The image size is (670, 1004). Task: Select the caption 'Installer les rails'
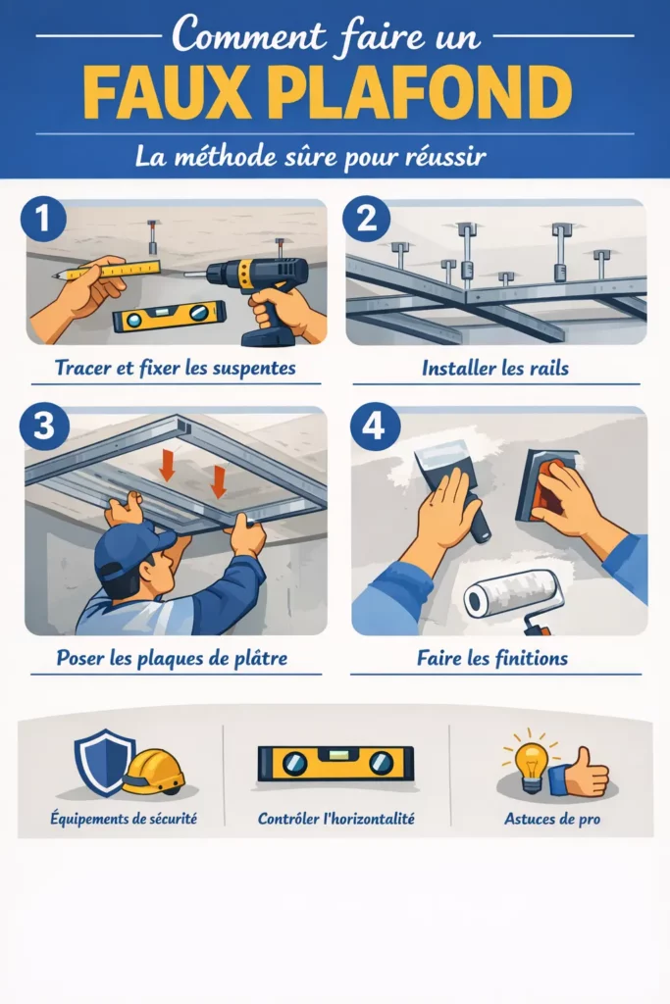point(495,370)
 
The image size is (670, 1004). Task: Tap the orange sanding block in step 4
point(545,485)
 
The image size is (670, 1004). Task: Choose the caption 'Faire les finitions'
point(495,658)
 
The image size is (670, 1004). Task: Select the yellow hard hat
point(153,772)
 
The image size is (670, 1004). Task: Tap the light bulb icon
point(531,759)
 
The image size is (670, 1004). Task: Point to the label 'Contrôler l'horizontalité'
point(335,818)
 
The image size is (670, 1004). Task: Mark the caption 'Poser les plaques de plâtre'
point(172,658)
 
